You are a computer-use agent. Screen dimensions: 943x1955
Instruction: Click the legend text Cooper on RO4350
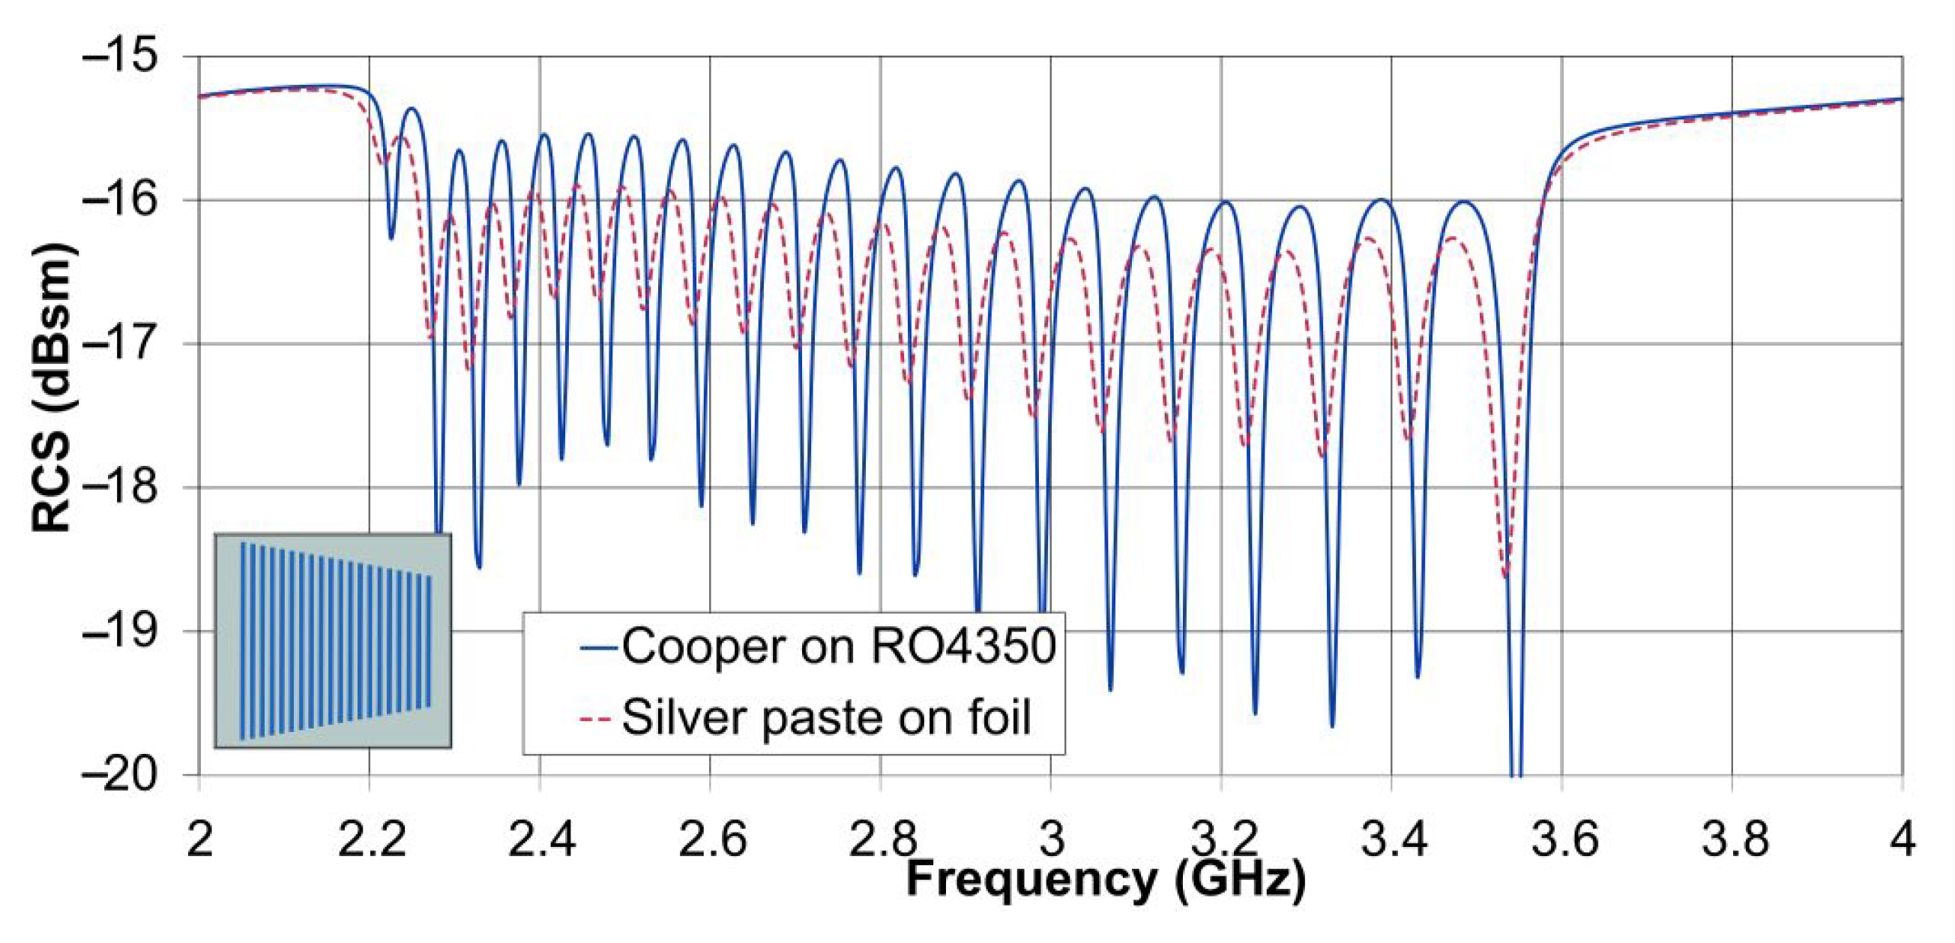click(839, 647)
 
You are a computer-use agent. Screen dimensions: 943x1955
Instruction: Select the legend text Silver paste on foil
click(827, 717)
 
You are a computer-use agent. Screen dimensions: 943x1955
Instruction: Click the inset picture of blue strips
click(333, 641)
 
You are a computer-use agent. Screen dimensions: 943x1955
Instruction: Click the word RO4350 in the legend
click(963, 647)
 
